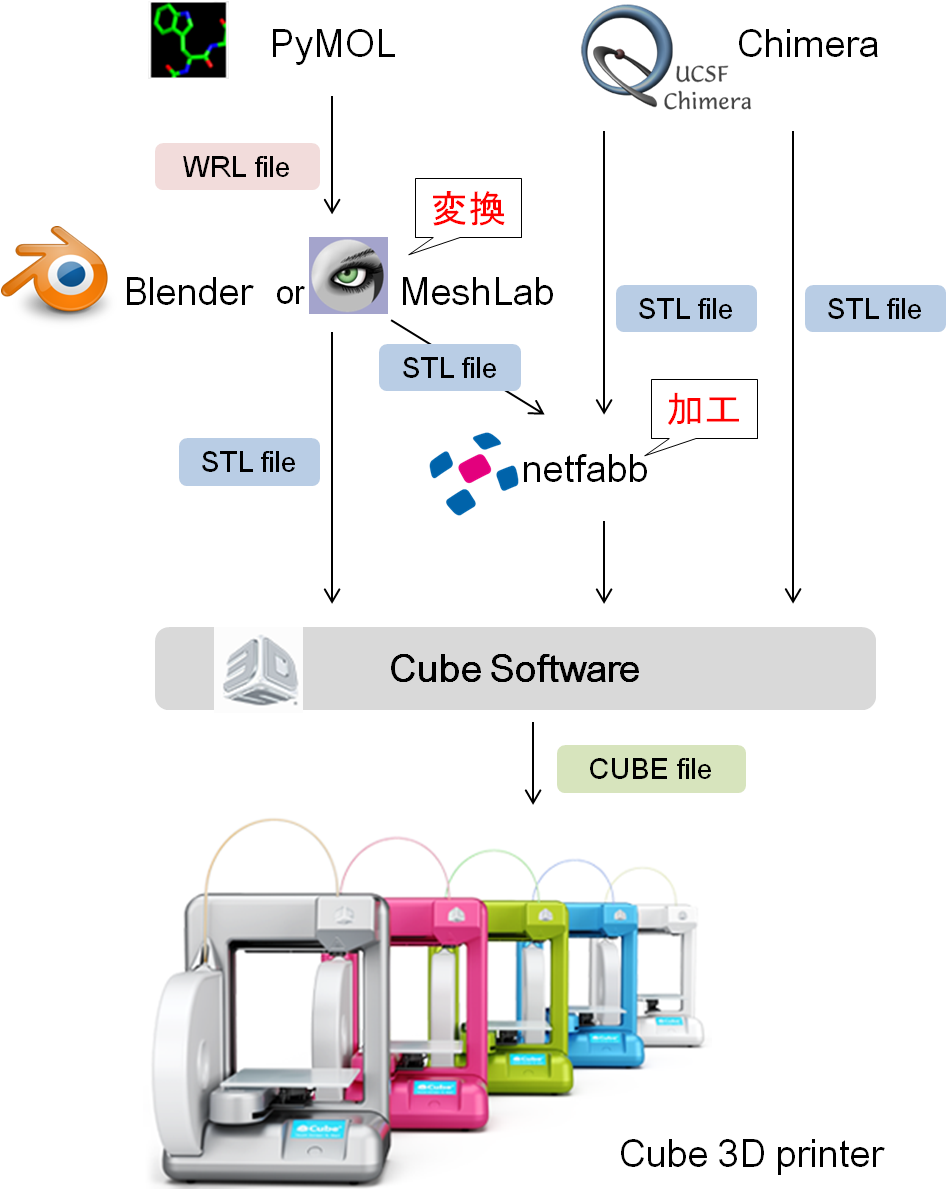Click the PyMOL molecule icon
click(x=189, y=40)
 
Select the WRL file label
click(x=237, y=166)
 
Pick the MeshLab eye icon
click(x=348, y=275)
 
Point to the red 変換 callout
click(x=468, y=209)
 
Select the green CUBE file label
click(x=651, y=769)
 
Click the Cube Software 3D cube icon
click(x=258, y=669)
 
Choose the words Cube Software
click(x=514, y=668)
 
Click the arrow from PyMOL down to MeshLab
click(x=332, y=154)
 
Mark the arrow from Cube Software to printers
click(x=533, y=762)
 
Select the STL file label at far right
click(x=875, y=309)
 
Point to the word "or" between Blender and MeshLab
click(x=290, y=293)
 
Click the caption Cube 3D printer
click(x=752, y=1154)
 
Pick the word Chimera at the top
click(x=807, y=44)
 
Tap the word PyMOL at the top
click(x=332, y=45)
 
